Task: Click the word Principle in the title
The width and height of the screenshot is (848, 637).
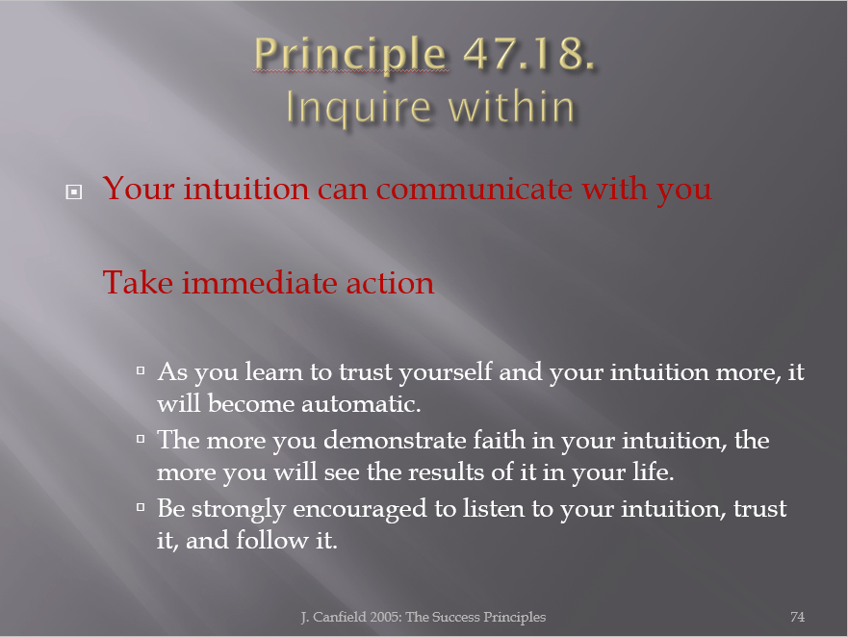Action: click(x=350, y=55)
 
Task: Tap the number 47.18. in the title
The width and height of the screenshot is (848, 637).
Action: click(x=529, y=53)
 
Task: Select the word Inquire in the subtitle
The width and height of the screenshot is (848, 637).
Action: click(x=359, y=108)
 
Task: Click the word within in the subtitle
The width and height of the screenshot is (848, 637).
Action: click(x=511, y=106)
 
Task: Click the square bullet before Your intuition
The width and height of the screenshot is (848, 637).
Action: click(x=73, y=191)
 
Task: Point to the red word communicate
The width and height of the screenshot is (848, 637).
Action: click(x=475, y=190)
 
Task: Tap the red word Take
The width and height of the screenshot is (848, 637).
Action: click(x=138, y=282)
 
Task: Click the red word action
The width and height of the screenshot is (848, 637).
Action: click(x=390, y=283)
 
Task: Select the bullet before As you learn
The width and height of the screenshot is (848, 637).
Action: click(x=141, y=370)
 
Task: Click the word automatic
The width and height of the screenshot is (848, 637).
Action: click(x=361, y=404)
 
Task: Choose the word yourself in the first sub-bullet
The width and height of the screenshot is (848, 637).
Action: click(x=446, y=372)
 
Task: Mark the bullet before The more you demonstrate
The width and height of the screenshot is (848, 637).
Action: click(x=141, y=439)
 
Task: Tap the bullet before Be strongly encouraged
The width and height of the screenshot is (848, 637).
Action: click(x=141, y=507)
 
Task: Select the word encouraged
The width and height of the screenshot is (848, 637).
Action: click(x=360, y=509)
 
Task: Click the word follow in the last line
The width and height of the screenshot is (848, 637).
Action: click(x=272, y=540)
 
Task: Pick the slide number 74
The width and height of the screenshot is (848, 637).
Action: click(x=797, y=617)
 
